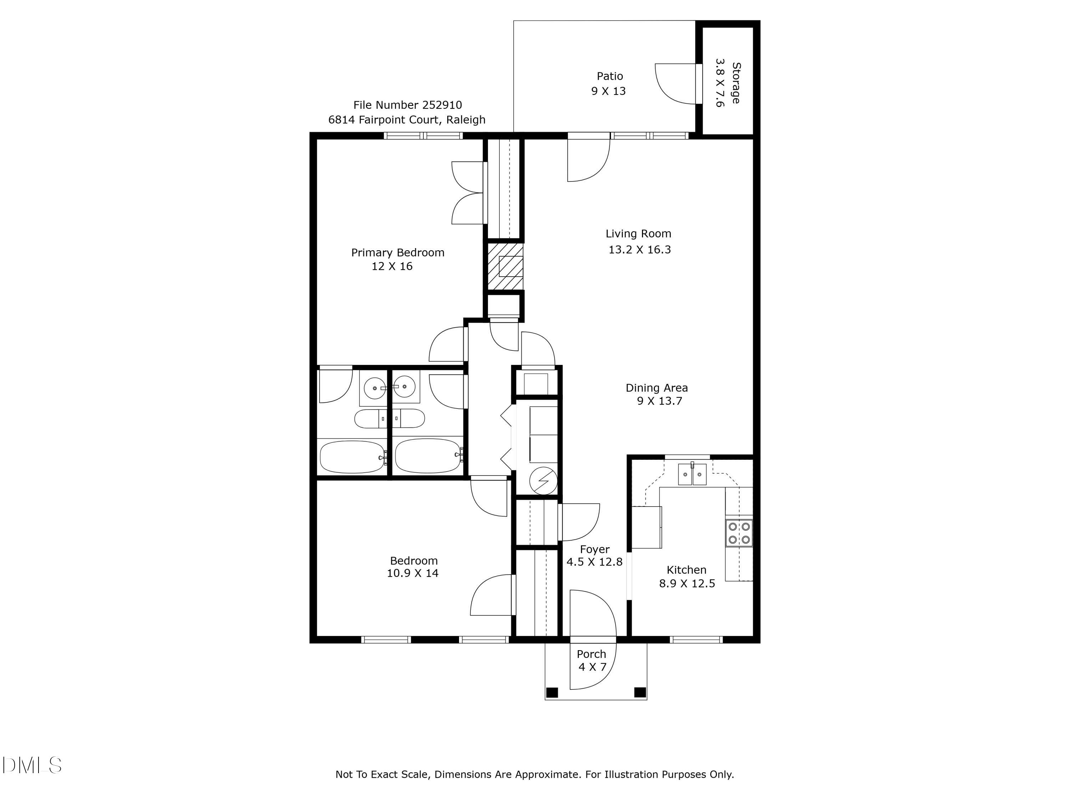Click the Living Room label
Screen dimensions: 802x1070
[638, 234]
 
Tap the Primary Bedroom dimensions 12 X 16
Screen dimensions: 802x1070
[392, 266]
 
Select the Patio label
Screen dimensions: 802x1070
[610, 76]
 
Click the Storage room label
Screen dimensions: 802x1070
[735, 83]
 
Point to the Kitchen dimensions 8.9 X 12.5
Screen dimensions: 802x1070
[687, 583]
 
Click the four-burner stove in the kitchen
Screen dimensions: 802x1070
[739, 533]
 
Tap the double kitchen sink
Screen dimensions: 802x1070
[692, 474]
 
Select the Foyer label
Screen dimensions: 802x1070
[595, 550]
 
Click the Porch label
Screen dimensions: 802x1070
[591, 654]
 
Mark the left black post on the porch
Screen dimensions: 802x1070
[552, 692]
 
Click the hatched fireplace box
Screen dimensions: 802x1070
[505, 266]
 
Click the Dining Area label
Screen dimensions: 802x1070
[656, 388]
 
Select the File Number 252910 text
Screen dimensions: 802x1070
[407, 105]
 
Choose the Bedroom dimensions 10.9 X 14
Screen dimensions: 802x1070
[412, 573]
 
